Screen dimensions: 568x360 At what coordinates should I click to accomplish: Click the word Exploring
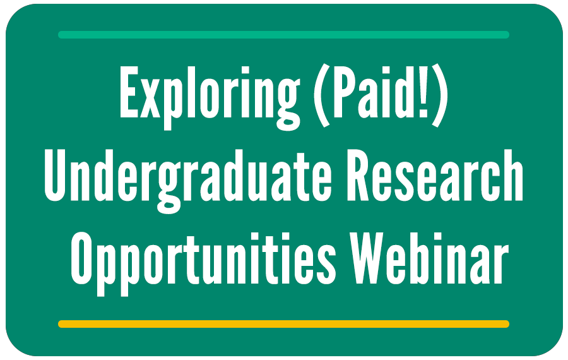pyautogui.click(x=210, y=97)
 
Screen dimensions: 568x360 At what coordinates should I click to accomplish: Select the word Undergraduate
pyautogui.click(x=187, y=181)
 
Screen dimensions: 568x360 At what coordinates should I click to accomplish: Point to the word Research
pyautogui.click(x=435, y=176)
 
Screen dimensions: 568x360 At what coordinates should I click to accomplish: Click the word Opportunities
pyautogui.click(x=204, y=264)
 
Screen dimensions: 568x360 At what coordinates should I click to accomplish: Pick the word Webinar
pyautogui.click(x=429, y=258)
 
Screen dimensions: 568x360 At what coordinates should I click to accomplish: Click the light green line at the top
pyautogui.click(x=283, y=35)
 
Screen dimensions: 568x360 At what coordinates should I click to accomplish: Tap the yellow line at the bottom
pyautogui.click(x=283, y=324)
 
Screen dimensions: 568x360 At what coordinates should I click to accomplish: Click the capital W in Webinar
pyautogui.click(x=369, y=259)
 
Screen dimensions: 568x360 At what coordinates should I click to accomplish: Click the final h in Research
pyautogui.click(x=513, y=176)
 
